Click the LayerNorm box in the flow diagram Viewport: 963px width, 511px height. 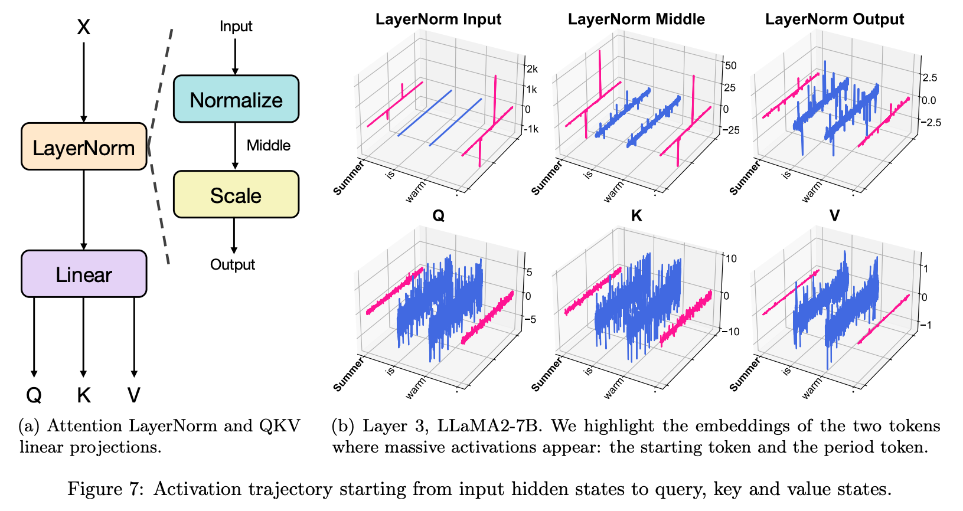84,147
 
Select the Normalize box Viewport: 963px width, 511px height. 236,99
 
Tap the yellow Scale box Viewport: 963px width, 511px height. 236,195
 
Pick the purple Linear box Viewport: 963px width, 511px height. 84,274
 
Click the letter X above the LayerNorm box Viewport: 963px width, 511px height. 83,27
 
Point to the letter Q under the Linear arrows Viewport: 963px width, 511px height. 34,395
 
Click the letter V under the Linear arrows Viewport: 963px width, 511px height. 134,395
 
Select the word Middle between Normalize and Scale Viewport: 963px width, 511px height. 268,146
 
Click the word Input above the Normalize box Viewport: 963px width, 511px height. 236,27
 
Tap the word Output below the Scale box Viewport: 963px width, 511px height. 233,264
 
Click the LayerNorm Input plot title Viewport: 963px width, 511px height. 438,19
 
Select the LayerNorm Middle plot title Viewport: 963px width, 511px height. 636,19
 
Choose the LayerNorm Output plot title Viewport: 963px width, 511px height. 834,19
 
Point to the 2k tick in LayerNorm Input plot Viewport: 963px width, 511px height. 532,69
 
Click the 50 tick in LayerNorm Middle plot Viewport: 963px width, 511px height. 730,65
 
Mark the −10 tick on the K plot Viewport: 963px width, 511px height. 730,332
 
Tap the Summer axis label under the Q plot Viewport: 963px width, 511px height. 348,375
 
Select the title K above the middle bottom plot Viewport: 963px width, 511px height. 636,216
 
